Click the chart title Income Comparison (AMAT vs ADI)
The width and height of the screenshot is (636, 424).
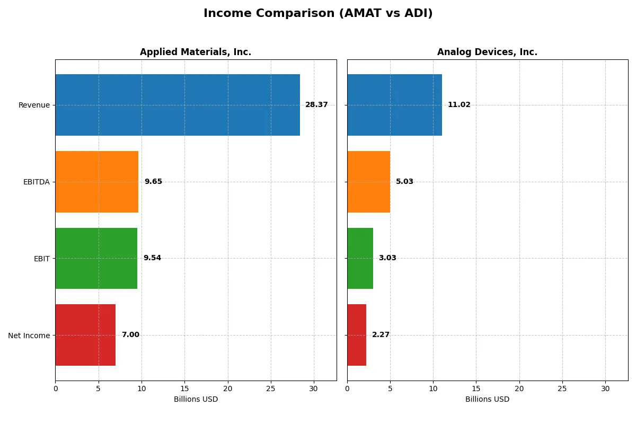318,13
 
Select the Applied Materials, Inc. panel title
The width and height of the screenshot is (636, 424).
196,52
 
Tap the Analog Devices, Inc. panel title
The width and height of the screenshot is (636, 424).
487,52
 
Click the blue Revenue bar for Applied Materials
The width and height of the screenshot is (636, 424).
178,105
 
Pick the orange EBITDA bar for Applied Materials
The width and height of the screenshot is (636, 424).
96,182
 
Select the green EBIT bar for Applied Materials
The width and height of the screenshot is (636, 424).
96,258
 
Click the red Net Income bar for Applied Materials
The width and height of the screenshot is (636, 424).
85,335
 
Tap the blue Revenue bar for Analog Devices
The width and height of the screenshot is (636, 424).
394,105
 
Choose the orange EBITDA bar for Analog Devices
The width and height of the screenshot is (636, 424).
368,182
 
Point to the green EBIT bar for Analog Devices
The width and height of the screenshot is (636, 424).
360,258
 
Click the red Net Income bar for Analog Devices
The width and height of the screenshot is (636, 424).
357,335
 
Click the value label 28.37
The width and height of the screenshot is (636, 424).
316,105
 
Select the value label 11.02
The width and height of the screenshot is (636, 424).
459,105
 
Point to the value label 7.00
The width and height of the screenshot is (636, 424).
130,335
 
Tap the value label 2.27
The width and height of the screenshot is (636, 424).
381,335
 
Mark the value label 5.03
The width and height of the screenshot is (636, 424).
404,182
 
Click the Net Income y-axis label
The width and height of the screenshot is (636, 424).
29,335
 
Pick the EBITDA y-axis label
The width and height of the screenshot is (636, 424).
37,182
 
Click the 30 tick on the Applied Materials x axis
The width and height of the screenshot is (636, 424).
314,388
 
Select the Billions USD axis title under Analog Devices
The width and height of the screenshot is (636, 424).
487,399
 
